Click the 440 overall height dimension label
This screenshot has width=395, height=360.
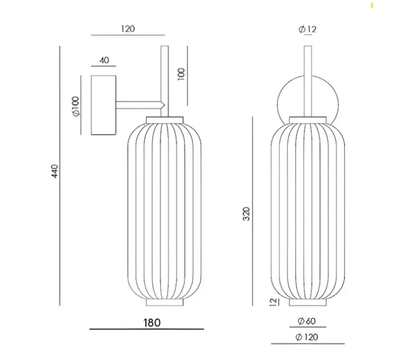(x=55, y=171)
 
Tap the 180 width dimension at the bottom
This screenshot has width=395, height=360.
(x=152, y=323)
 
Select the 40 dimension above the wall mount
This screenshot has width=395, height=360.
(x=104, y=61)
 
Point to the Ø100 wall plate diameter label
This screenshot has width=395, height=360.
(x=76, y=106)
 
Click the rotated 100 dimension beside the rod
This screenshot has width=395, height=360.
(x=181, y=74)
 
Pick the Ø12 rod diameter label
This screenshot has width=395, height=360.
(x=307, y=29)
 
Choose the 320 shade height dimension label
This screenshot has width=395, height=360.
(x=246, y=214)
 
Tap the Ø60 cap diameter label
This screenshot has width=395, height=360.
(x=306, y=321)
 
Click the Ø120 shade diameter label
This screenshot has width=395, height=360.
(x=307, y=337)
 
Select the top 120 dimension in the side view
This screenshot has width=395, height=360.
(x=128, y=29)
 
